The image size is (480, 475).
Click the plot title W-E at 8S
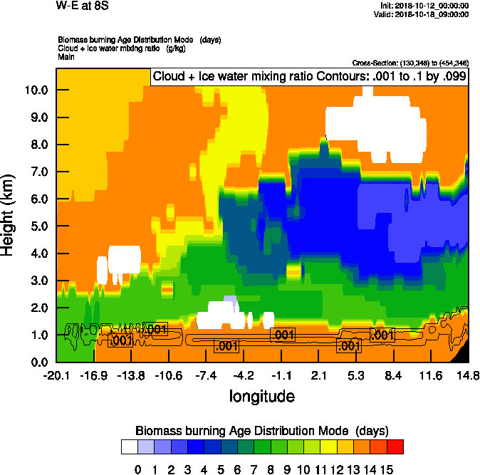tap(83, 6)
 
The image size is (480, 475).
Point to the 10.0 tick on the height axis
tap(35, 90)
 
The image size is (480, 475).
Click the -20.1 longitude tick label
tap(56, 375)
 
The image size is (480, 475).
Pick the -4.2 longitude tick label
tap(244, 375)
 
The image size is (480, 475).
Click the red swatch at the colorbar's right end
tap(395, 447)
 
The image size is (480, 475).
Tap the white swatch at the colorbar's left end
tap(130, 447)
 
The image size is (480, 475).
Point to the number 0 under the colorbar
tap(138, 469)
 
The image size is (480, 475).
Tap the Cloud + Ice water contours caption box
tap(309, 77)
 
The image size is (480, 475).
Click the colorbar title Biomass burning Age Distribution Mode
tap(261, 431)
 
